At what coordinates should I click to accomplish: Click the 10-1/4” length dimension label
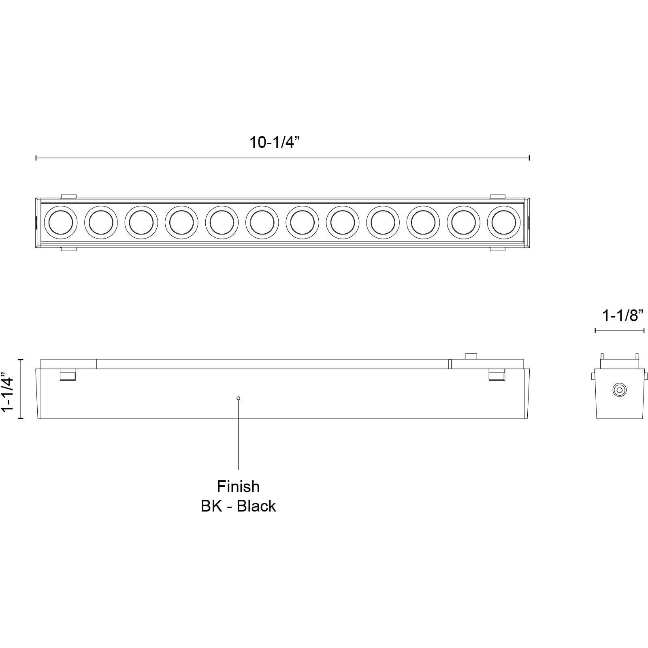pos(274,143)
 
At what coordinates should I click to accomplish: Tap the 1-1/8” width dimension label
pos(623,315)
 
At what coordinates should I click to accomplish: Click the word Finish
pos(238,486)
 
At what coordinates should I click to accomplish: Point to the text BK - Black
pos(238,506)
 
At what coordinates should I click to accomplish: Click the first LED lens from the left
pos(61,222)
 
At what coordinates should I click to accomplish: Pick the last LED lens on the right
pos(504,222)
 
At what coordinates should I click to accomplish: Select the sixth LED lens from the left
pos(262,222)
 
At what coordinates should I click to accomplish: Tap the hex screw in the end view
pos(620,390)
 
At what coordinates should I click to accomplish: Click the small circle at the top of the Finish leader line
pos(238,399)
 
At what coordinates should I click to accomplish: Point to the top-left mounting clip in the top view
pos(69,196)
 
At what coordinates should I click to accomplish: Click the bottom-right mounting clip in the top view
pos(497,249)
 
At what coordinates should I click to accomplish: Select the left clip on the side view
pos(68,375)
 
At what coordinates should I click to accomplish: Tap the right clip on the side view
pos(497,375)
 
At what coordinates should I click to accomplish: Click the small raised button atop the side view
pos(471,356)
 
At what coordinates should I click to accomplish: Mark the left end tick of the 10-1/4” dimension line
pos(36,158)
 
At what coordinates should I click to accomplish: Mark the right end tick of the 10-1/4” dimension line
pos(529,158)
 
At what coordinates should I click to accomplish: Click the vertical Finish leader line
pos(238,437)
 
